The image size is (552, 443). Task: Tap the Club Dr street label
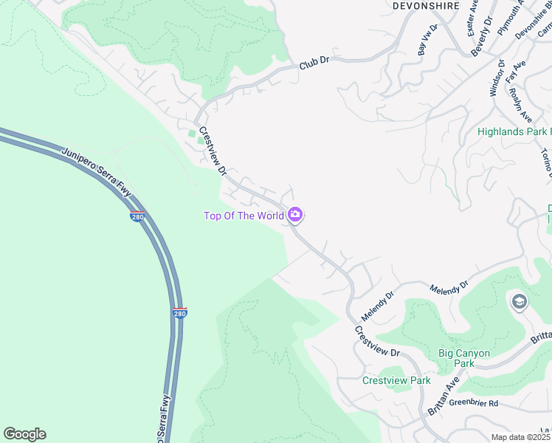click(x=314, y=66)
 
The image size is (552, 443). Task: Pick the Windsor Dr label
click(x=497, y=78)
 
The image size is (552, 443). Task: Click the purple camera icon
click(x=295, y=215)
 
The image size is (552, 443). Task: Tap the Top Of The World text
click(x=244, y=216)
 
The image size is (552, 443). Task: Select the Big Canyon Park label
click(x=463, y=358)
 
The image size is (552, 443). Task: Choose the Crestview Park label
click(x=396, y=380)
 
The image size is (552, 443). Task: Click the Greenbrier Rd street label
click(x=474, y=403)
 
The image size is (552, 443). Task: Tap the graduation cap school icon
click(x=520, y=301)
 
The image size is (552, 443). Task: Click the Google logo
click(x=24, y=434)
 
